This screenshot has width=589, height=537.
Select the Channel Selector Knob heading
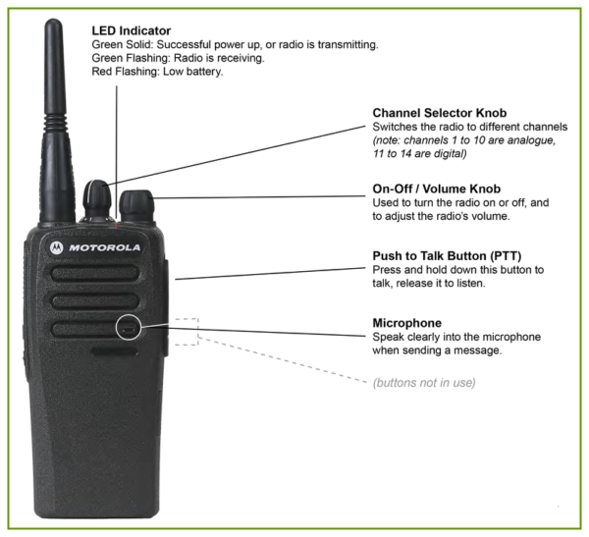coord(438,113)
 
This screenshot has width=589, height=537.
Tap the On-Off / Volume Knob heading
coord(436,188)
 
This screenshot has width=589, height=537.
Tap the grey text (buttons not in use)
coord(424,381)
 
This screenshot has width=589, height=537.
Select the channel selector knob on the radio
coord(97,200)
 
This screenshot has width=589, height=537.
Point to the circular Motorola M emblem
coord(57,247)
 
